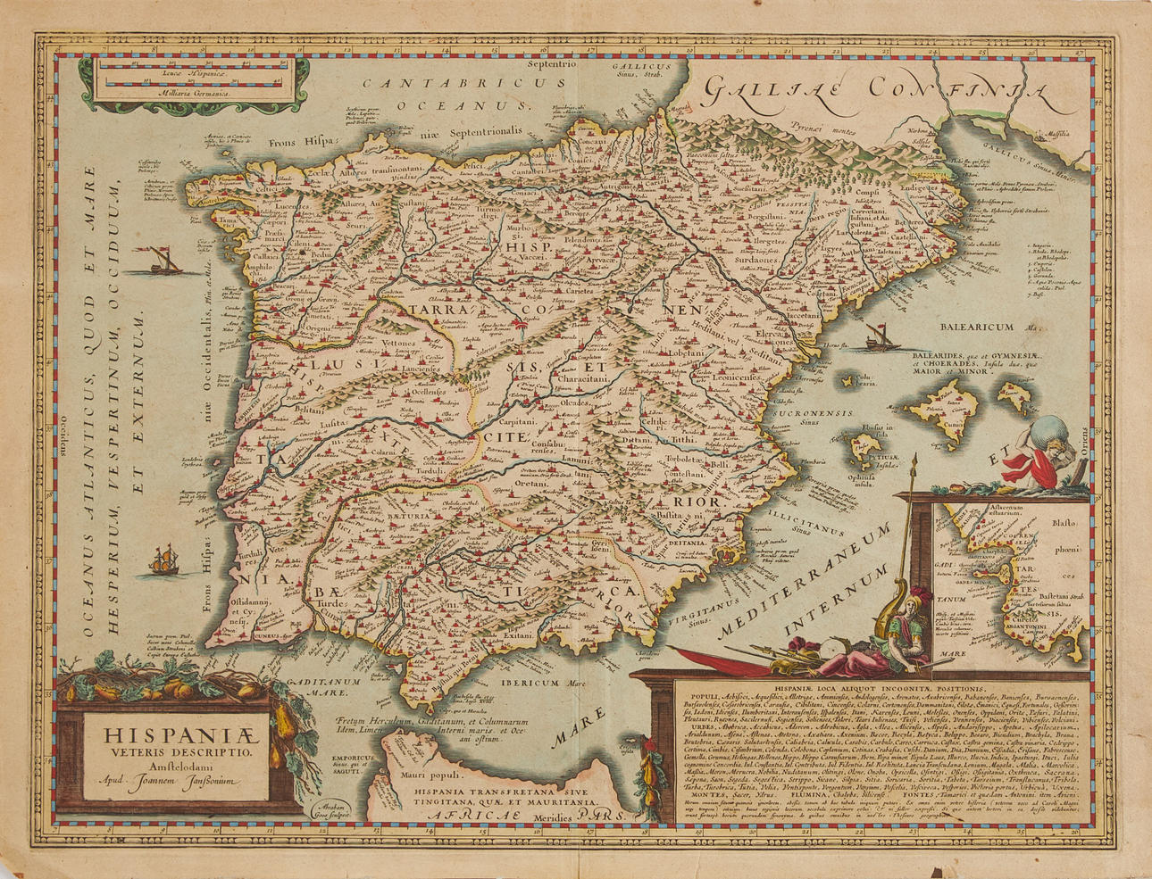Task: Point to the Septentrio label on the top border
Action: [x=552, y=65]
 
